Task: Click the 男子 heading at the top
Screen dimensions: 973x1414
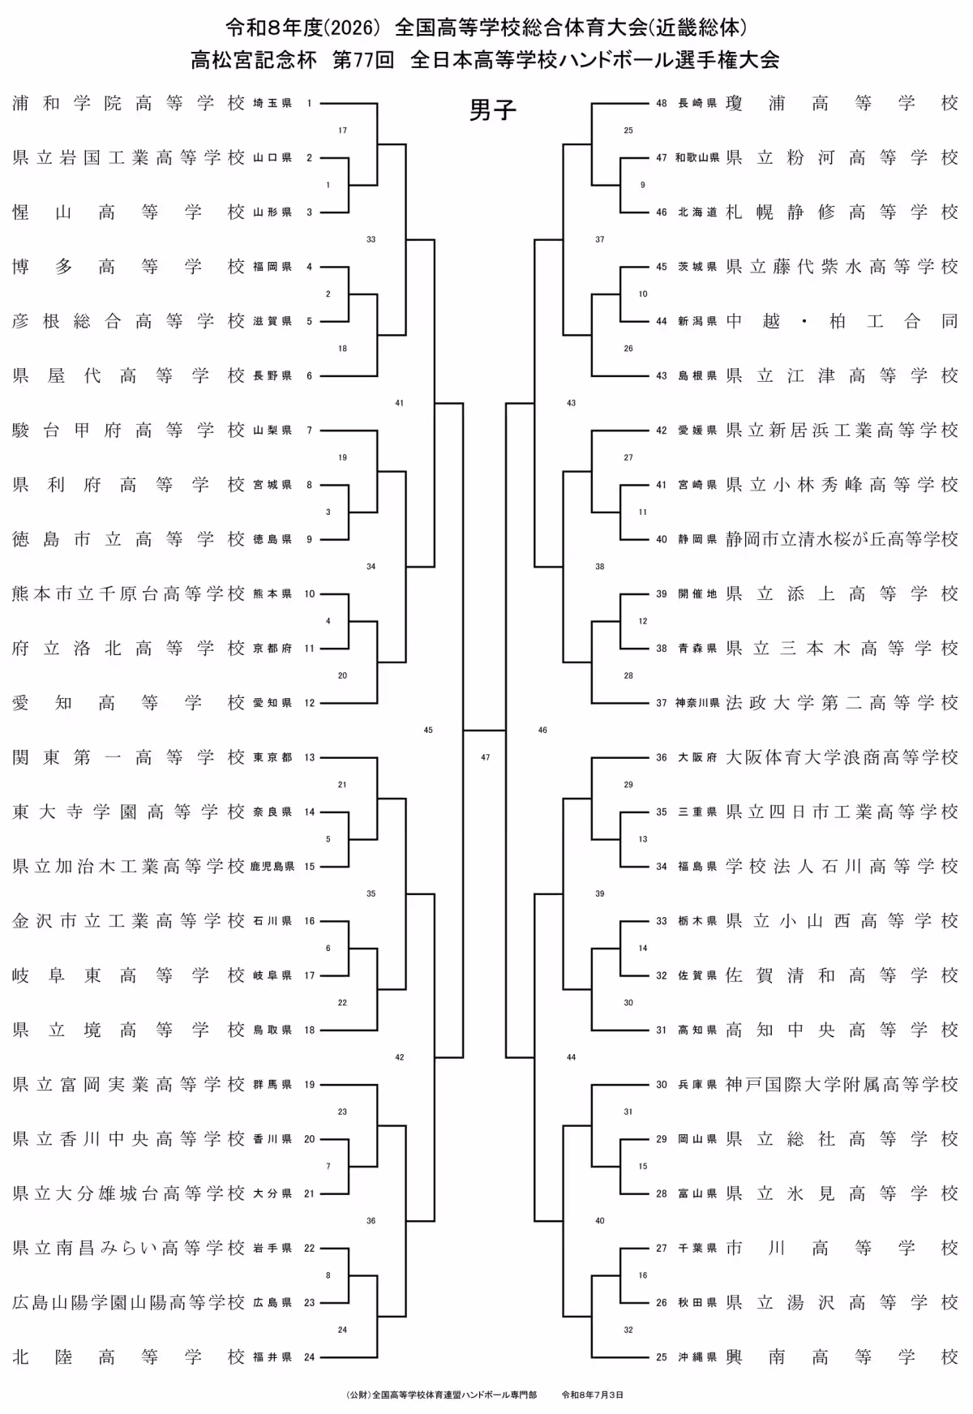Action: [x=493, y=110]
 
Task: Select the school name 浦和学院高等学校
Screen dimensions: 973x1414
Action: [x=128, y=103]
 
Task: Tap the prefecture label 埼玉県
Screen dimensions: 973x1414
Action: [x=272, y=104]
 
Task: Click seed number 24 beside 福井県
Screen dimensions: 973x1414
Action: [x=309, y=1357]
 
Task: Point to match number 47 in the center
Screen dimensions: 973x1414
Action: [x=485, y=757]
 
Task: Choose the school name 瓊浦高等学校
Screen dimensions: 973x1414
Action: [x=842, y=103]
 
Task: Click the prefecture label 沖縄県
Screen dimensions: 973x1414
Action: [x=697, y=1357]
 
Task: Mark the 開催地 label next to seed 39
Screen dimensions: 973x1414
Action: [x=697, y=594]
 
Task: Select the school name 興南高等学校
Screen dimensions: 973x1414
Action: [x=842, y=1356]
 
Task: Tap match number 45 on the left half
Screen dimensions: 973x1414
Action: [x=428, y=730]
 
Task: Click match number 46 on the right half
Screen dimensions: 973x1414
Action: [x=542, y=730]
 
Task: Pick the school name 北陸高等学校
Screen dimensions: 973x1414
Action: [x=128, y=1356]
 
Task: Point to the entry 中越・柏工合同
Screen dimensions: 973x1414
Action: [x=842, y=321]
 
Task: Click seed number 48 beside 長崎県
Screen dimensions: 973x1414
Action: [x=662, y=104]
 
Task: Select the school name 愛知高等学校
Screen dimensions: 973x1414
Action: [x=128, y=702]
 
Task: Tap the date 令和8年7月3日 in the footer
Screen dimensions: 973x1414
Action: [x=593, y=1395]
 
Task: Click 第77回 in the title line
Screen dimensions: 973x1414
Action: [x=362, y=59]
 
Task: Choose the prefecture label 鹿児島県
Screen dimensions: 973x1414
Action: [x=272, y=867]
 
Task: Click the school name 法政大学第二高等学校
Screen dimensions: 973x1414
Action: [x=842, y=702]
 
